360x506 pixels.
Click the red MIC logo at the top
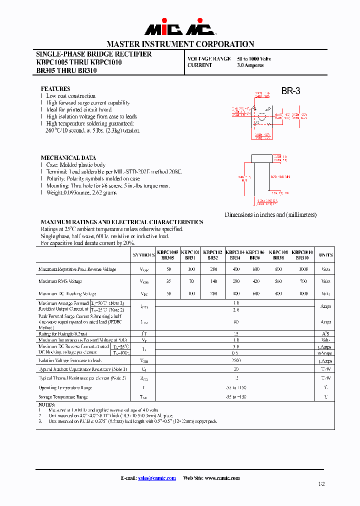point(180,28)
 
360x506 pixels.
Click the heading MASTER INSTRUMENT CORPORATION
point(180,44)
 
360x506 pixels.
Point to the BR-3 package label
point(290,91)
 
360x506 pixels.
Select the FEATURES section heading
point(55,89)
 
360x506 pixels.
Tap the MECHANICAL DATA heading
point(68,158)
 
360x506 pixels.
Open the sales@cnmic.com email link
point(156,478)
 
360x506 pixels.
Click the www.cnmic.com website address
point(221,478)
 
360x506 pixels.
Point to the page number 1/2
point(320,484)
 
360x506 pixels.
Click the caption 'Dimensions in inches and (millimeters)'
point(270,214)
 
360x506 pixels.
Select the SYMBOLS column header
point(143,255)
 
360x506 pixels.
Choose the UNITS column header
point(325,255)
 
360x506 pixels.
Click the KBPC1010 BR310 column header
point(302,255)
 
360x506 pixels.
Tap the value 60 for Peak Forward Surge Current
point(236,322)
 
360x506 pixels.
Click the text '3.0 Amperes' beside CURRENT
point(250,65)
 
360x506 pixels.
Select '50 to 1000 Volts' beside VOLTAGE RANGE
point(253,58)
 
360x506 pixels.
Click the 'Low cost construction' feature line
point(70,96)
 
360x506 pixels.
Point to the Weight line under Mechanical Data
point(81,192)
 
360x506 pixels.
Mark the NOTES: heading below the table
point(46,404)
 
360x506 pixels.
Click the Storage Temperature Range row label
point(63,397)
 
